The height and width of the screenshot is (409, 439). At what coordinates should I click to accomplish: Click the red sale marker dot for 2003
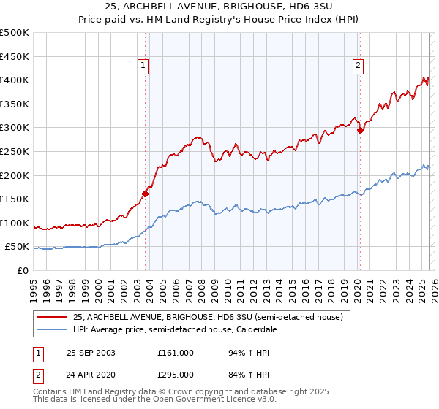(146, 194)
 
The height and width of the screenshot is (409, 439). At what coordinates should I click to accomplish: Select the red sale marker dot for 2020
(360, 131)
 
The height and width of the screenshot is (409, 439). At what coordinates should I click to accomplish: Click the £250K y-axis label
(15, 151)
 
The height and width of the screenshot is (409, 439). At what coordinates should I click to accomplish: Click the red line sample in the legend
(52, 317)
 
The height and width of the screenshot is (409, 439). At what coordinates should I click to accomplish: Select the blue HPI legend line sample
(52, 329)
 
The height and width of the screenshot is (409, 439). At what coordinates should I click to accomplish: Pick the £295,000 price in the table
(175, 374)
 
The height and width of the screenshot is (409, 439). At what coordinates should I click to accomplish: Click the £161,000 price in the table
(175, 352)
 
